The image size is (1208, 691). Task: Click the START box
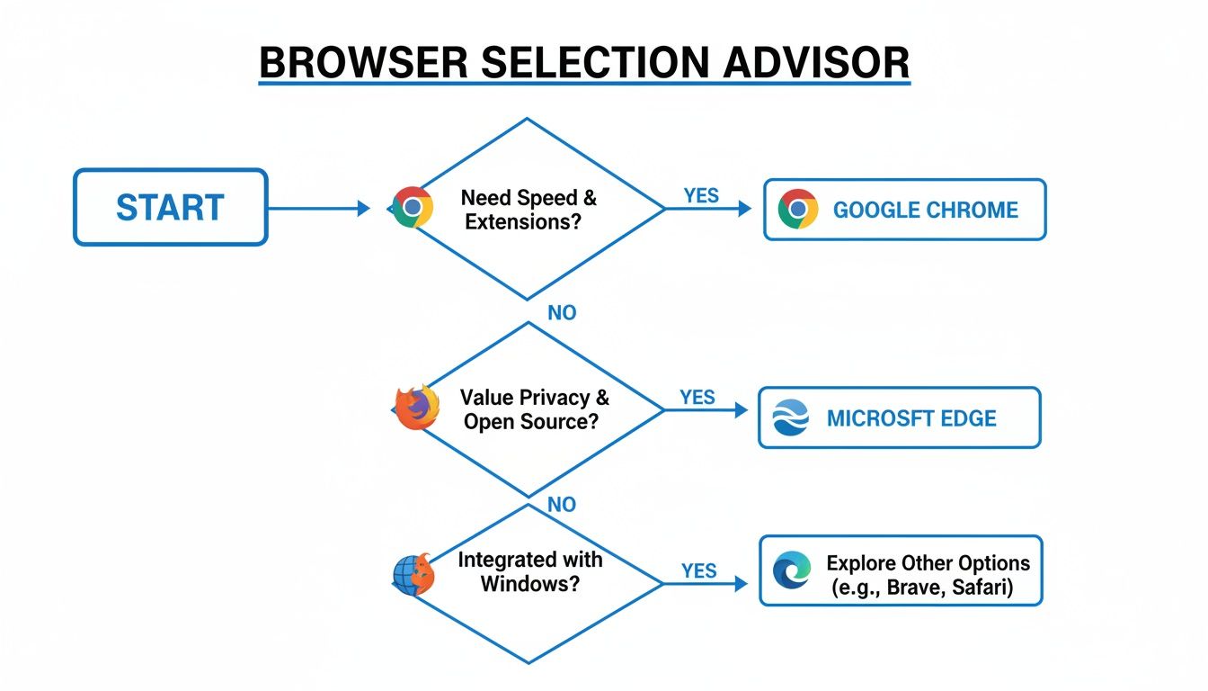click(x=170, y=207)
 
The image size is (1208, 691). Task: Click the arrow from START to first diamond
click(x=319, y=209)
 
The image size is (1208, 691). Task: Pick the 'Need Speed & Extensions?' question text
click(x=528, y=209)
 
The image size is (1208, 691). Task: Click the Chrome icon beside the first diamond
click(x=413, y=207)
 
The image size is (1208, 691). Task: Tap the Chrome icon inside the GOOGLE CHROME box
click(x=798, y=209)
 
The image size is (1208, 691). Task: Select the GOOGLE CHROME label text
click(x=926, y=211)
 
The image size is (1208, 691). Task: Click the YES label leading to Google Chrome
click(x=701, y=195)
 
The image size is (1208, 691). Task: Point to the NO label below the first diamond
click(x=562, y=313)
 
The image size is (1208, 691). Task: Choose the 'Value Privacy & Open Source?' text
click(x=530, y=408)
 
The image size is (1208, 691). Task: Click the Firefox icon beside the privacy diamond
click(x=417, y=408)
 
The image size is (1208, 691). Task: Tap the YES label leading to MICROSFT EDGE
click(x=697, y=397)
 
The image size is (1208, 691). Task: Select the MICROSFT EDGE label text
click(x=911, y=418)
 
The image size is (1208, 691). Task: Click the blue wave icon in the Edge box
click(x=792, y=418)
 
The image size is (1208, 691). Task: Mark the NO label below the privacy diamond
click(x=562, y=505)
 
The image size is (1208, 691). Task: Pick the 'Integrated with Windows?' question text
click(x=530, y=570)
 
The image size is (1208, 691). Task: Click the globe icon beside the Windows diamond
click(x=413, y=574)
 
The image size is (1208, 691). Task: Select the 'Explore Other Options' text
click(x=928, y=564)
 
